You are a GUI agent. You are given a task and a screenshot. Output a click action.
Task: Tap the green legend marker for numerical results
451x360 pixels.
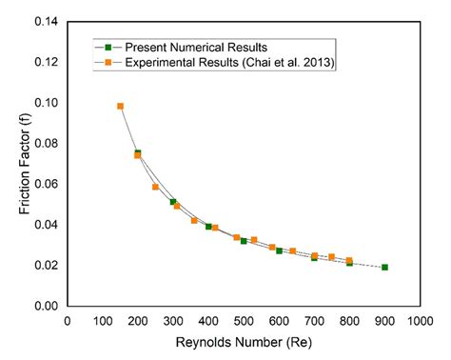[109, 46]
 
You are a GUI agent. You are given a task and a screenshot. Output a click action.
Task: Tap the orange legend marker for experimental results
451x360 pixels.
[109, 64]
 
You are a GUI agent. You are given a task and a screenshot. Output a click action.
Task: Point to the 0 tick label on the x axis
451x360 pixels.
[67, 321]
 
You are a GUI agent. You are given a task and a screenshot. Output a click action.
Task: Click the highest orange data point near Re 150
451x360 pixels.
[120, 106]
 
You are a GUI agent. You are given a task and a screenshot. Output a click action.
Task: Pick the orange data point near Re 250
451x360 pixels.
[155, 187]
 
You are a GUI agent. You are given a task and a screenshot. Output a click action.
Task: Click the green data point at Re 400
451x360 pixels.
[208, 227]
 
